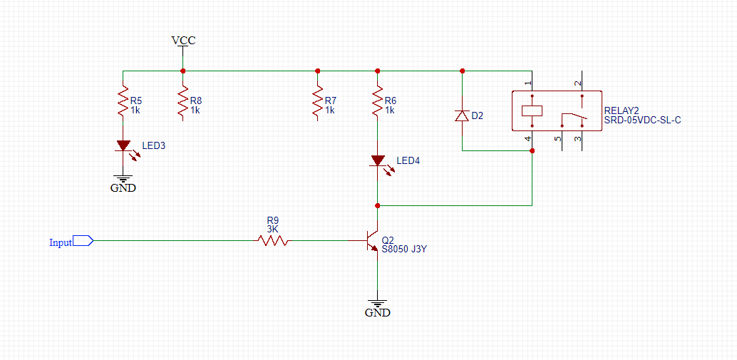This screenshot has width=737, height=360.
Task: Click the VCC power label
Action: (x=183, y=41)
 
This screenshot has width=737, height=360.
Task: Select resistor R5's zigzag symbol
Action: (x=123, y=103)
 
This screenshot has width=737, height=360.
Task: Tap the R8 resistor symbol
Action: (x=183, y=103)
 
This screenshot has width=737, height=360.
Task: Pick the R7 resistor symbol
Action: (x=317, y=103)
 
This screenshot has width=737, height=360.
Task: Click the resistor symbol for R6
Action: (x=377, y=103)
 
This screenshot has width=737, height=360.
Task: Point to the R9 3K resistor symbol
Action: (x=273, y=241)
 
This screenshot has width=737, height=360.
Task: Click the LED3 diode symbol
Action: (x=123, y=145)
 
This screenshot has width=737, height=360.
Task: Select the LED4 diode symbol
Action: (x=377, y=161)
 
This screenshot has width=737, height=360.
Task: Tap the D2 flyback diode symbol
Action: (x=463, y=115)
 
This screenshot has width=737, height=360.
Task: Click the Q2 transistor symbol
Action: (x=371, y=241)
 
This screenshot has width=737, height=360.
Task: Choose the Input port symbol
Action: (x=83, y=241)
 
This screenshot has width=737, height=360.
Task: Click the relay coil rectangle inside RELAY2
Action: (x=532, y=110)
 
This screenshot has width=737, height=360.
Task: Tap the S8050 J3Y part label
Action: (x=404, y=250)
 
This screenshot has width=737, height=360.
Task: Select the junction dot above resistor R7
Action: (x=317, y=71)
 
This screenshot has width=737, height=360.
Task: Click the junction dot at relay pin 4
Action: (x=532, y=150)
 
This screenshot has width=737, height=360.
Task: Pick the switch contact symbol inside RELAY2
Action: (x=574, y=115)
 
